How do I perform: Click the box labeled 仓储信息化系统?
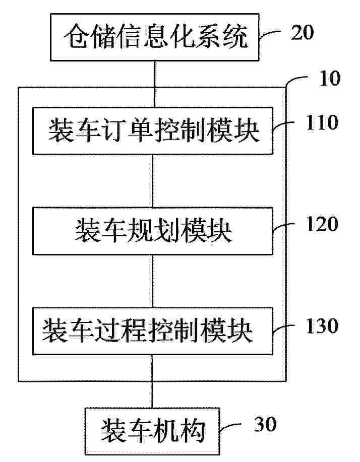click(154, 37)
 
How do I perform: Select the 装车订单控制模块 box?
click(153, 131)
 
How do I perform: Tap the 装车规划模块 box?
click(153, 231)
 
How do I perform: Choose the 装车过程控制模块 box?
click(153, 331)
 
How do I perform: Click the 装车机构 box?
click(152, 431)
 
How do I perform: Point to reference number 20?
click(302, 32)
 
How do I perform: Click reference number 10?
click(330, 79)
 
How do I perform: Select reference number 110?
click(322, 122)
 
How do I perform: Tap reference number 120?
click(322, 224)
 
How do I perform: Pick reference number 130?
click(322, 326)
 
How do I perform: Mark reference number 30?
click(265, 424)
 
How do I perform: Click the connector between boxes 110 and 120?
click(153, 181)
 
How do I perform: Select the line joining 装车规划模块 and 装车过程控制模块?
click(153, 281)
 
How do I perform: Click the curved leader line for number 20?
click(269, 33)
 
